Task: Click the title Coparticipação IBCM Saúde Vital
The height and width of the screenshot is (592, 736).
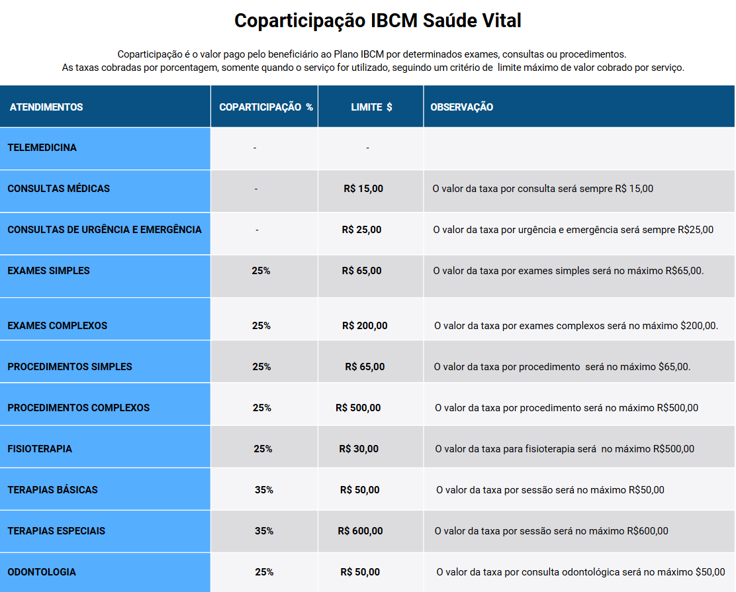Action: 377,21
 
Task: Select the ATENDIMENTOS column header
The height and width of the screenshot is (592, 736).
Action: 46,107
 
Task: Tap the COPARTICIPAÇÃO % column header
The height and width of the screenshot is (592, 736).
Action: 266,107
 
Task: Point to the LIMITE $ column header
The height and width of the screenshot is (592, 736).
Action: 371,107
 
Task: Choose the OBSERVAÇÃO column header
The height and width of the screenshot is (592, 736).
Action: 462,107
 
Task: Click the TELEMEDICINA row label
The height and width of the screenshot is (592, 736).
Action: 42,148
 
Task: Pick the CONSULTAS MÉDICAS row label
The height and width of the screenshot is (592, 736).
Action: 59,189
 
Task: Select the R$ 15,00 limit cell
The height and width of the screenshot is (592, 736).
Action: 363,189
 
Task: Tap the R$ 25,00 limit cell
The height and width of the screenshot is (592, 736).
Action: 361,230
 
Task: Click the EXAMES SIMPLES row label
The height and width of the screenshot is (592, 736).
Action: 49,271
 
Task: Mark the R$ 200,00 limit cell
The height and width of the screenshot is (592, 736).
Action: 365,326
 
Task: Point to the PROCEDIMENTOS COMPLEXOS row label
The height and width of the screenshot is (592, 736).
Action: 79,408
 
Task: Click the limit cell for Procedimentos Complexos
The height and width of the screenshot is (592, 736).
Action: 358,408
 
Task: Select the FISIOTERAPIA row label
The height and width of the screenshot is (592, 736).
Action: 40,449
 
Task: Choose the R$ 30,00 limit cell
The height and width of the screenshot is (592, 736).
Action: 359,449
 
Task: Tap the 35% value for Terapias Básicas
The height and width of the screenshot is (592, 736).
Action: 264,490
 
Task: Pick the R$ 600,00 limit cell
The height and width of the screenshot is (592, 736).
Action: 360,531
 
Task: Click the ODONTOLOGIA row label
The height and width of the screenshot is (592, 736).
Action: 42,572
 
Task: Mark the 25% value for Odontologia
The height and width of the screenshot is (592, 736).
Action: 264,572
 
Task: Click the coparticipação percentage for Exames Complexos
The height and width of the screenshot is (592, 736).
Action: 261,326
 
